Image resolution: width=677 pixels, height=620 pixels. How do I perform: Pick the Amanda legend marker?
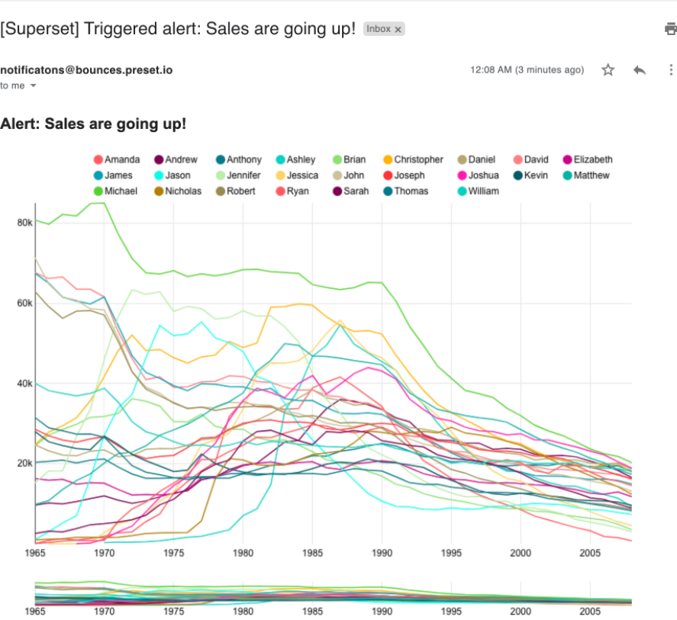(x=98, y=160)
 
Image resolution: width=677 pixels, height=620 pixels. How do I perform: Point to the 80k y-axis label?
(x=23, y=223)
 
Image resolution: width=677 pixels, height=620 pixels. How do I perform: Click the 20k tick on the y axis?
(x=23, y=464)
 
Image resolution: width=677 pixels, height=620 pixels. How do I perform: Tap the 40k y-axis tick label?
(x=23, y=384)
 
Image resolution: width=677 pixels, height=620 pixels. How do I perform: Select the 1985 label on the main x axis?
(x=312, y=551)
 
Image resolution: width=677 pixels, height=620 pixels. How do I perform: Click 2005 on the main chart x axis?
(x=590, y=551)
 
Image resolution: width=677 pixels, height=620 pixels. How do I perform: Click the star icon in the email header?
(x=608, y=70)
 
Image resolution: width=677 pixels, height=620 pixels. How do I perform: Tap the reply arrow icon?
(x=640, y=70)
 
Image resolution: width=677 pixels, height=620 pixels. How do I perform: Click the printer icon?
(x=671, y=30)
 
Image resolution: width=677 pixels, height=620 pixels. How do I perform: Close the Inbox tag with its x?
(x=398, y=30)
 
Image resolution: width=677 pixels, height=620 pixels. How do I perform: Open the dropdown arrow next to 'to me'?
(x=33, y=86)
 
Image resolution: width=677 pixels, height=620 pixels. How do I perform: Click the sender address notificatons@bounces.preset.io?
(x=86, y=70)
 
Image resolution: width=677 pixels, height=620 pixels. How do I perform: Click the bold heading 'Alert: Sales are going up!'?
(x=93, y=124)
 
